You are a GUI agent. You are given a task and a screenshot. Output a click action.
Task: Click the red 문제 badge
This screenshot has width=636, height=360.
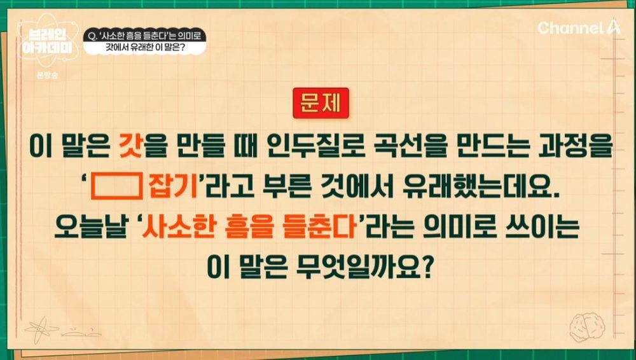321,103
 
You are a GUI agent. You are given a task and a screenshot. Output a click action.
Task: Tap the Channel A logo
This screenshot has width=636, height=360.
579,27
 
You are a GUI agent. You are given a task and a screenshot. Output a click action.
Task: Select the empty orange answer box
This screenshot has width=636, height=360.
116,186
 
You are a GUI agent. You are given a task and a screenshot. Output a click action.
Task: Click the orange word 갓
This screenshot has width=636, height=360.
130,148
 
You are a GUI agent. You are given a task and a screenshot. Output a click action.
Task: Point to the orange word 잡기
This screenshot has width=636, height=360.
174,186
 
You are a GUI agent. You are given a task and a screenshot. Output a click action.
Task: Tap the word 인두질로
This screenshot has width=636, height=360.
307,148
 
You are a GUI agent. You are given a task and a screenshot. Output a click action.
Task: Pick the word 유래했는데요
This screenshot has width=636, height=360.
480,186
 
